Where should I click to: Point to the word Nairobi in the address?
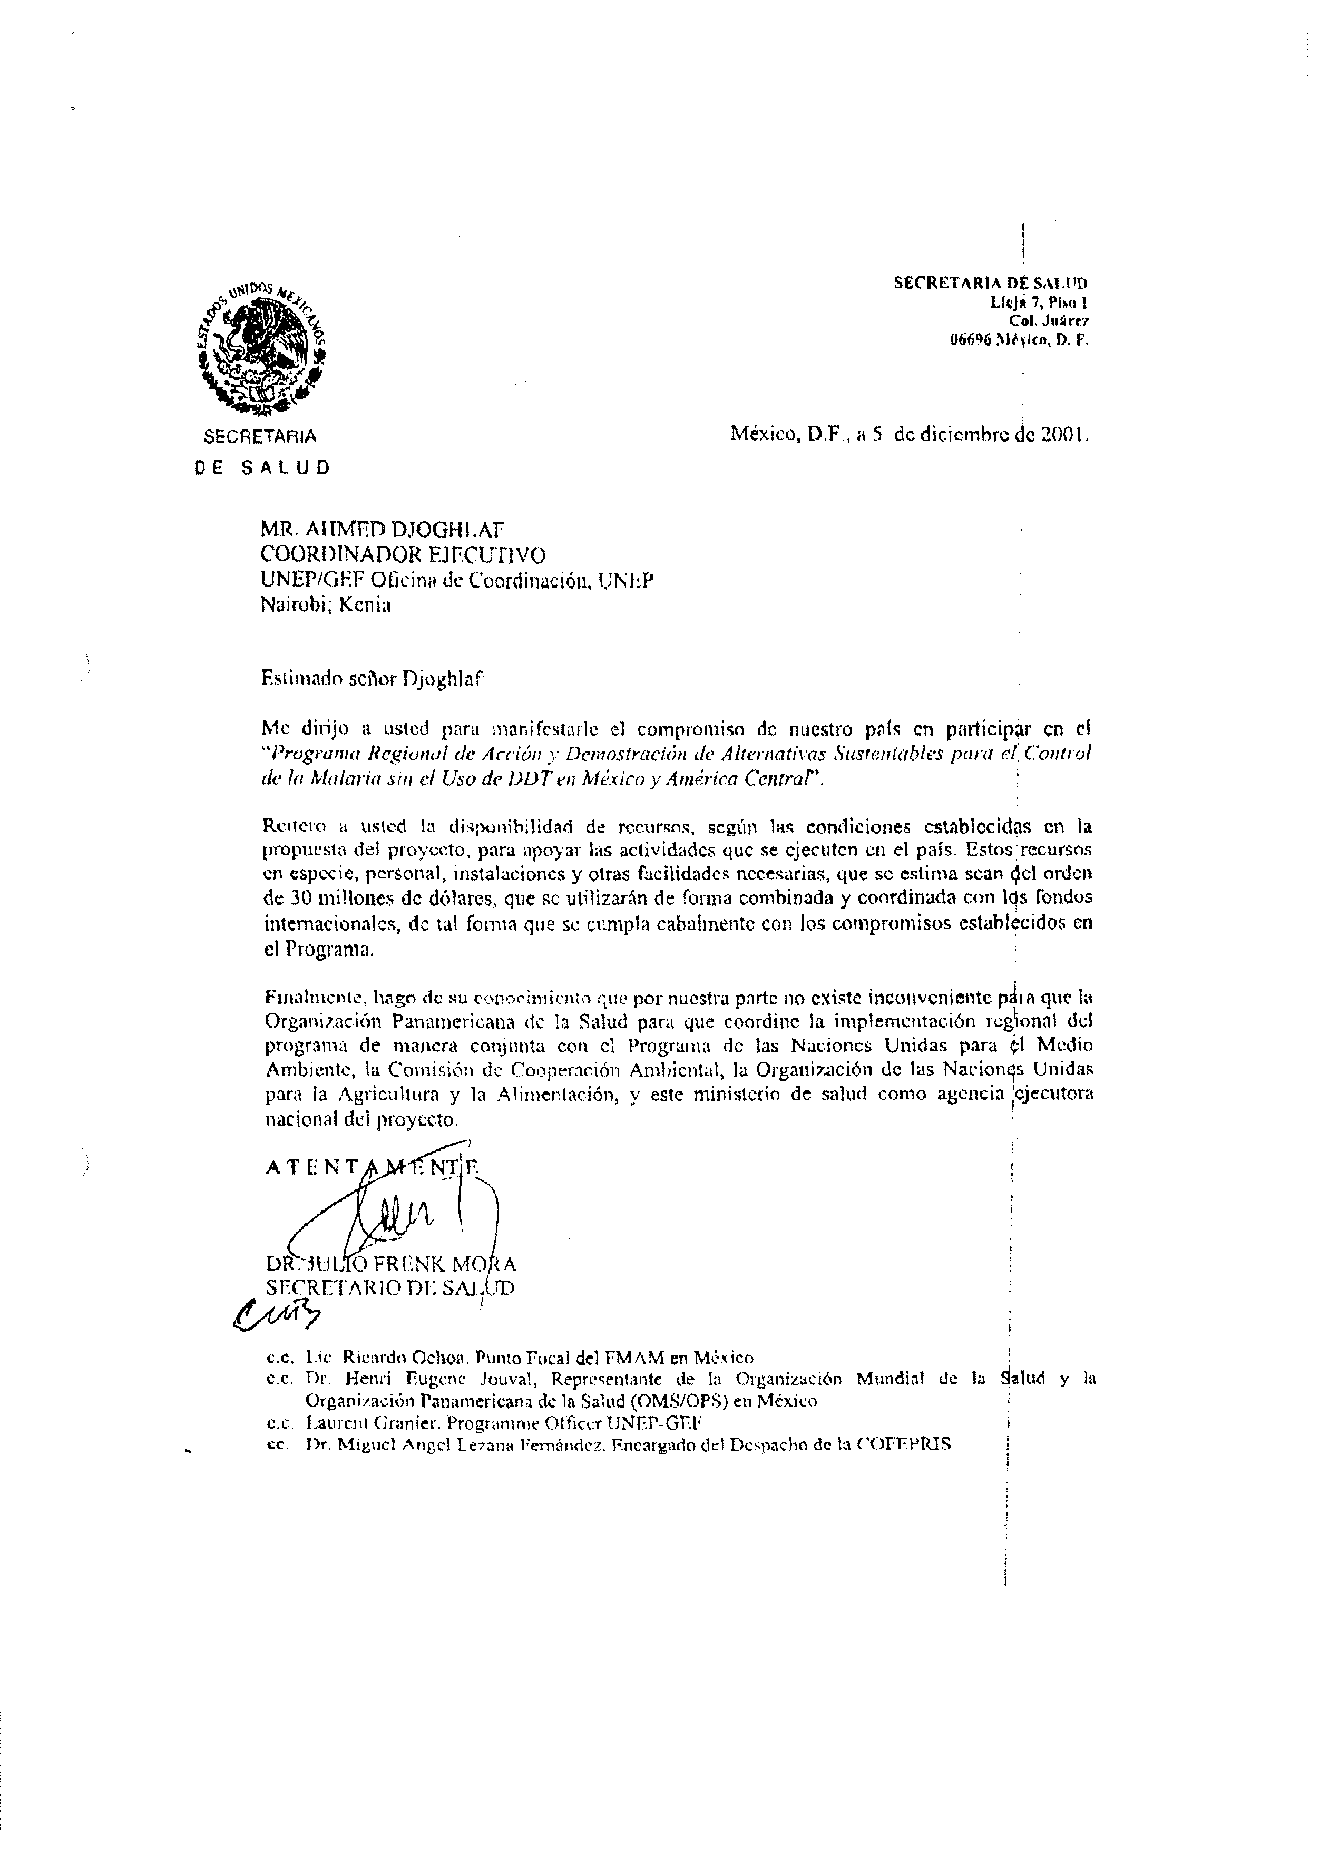click(x=290, y=606)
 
